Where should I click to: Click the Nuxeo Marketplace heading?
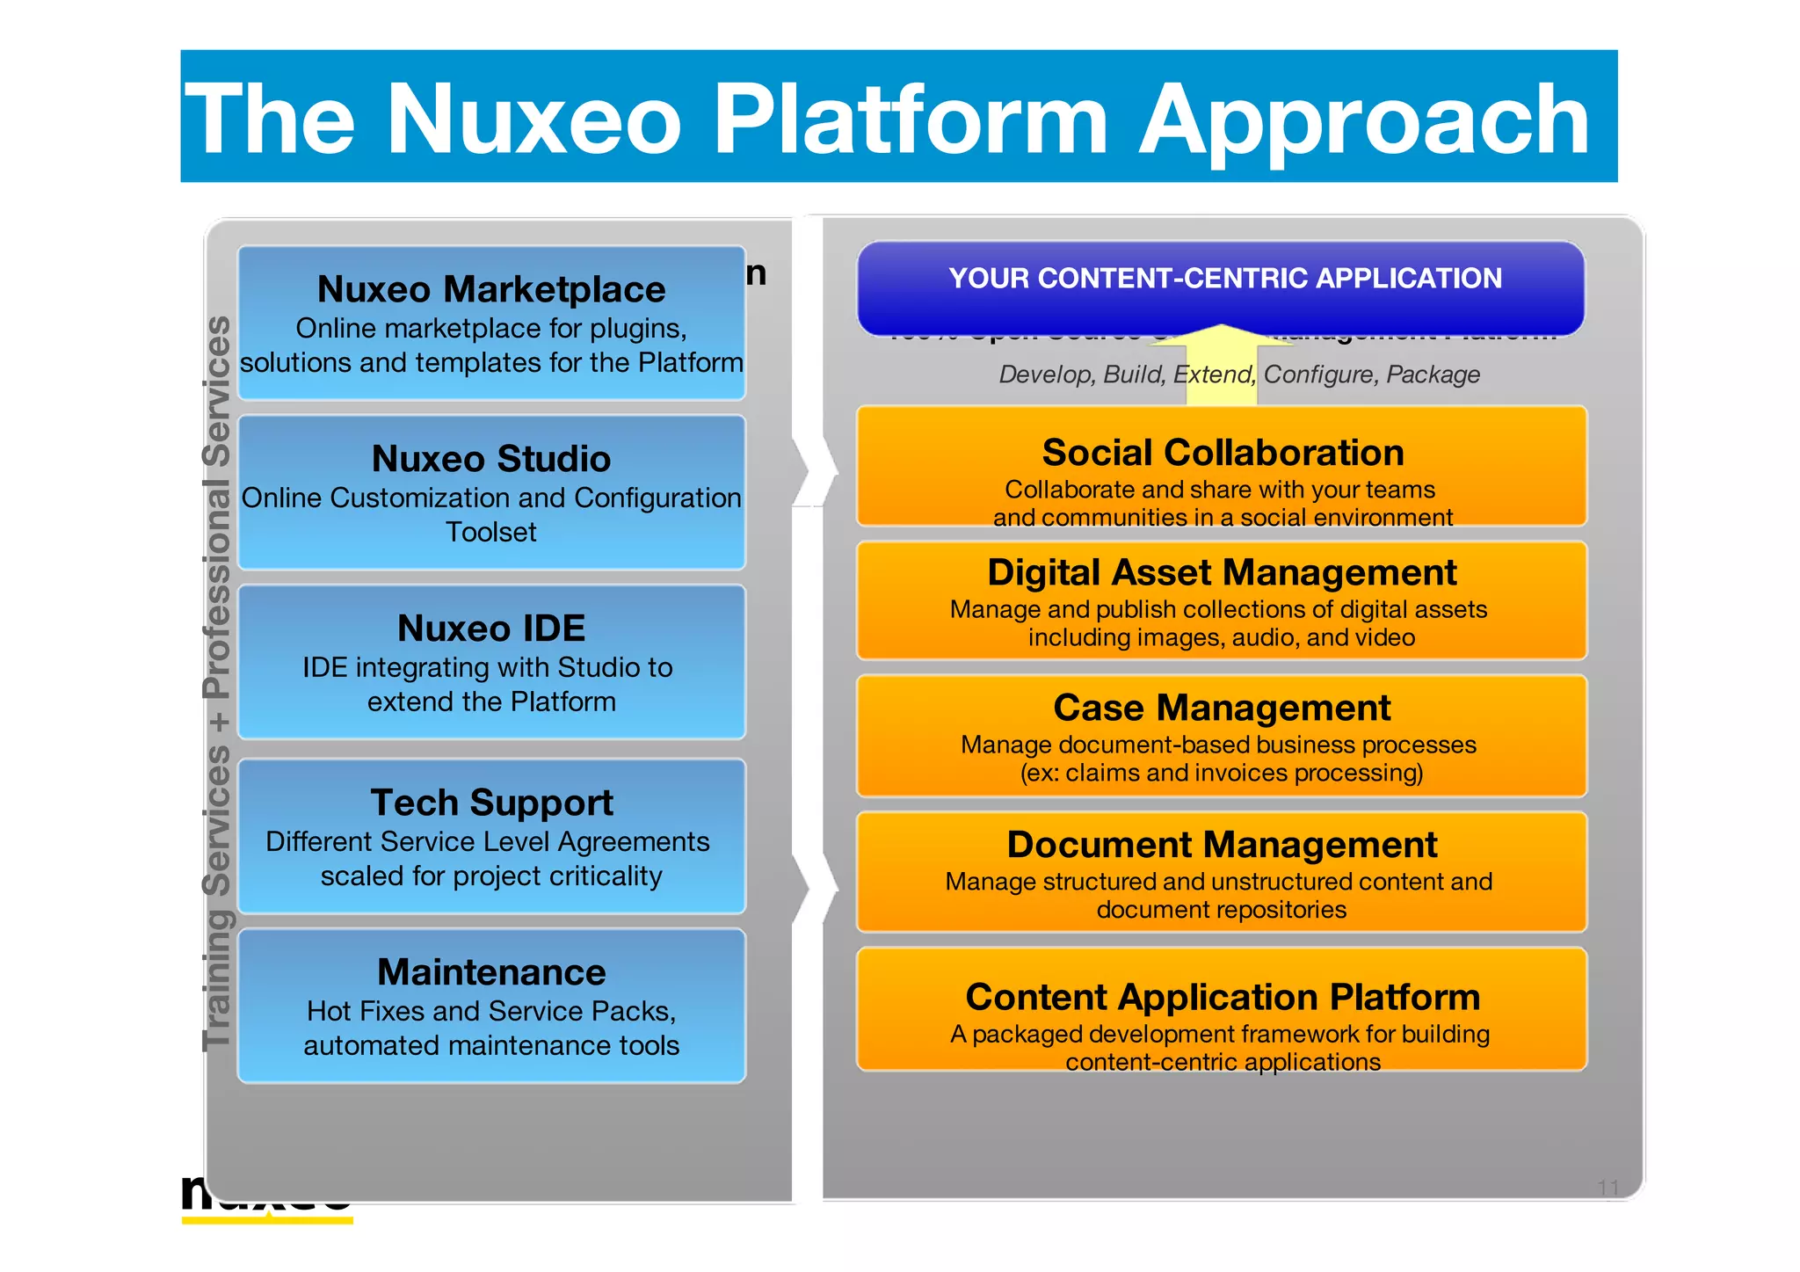(491, 289)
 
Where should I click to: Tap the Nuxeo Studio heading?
(491, 459)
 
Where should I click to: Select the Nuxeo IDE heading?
(491, 629)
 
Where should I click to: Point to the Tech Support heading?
(491, 803)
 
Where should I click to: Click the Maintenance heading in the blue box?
(491, 972)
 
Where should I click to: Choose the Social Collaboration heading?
(1223, 453)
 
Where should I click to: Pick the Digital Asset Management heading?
(1222, 572)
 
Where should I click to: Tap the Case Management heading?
(1222, 708)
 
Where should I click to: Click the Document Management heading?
(1222, 845)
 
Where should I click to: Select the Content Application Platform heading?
(1223, 997)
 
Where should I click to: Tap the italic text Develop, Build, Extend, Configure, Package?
(1238, 375)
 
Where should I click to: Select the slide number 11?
(1608, 1188)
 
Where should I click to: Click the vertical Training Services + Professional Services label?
(216, 683)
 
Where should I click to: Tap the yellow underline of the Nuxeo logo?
(267, 1220)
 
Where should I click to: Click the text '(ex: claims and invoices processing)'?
(1222, 773)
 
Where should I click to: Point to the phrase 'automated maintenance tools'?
(491, 1045)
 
